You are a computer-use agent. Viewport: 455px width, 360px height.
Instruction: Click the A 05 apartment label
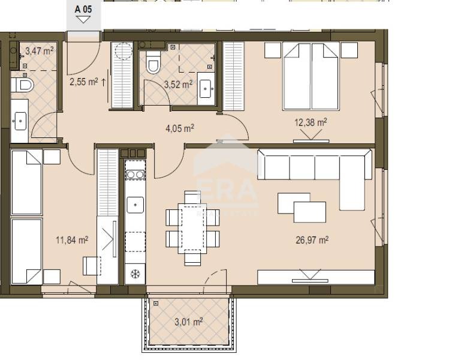pos(83,9)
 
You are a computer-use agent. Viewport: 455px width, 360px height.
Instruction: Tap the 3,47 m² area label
pos(40,51)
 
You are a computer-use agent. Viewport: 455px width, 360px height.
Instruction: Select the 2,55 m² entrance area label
pos(84,82)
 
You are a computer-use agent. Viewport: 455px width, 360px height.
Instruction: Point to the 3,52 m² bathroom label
pos(178,85)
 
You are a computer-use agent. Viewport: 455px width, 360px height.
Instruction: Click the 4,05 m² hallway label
pos(180,128)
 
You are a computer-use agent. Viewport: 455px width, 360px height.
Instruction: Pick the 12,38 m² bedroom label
pos(311,122)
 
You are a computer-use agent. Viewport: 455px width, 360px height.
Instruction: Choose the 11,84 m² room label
pos(72,240)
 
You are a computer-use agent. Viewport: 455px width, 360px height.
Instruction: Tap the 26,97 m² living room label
pos(312,240)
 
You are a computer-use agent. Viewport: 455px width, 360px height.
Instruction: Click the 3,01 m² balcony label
pos(189,322)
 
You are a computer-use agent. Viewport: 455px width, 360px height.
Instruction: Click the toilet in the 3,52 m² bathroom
pos(153,62)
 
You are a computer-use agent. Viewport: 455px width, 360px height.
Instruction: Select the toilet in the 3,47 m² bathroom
pos(23,85)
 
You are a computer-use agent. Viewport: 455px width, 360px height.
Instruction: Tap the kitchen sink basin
pos(135,205)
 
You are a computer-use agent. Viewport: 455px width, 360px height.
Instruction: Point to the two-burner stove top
pos(135,175)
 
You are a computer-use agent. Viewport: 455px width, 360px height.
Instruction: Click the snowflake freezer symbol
pos(135,274)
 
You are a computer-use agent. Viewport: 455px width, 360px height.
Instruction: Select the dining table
pos(192,228)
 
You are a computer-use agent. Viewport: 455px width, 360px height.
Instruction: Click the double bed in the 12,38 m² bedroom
pos(311,76)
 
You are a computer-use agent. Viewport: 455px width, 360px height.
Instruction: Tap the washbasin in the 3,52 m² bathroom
pos(206,89)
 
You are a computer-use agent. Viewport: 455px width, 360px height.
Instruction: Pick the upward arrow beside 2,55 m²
pos(104,82)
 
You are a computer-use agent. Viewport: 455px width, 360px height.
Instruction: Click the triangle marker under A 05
pos(83,20)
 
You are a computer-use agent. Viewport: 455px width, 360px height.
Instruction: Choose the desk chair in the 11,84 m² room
pos(92,266)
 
